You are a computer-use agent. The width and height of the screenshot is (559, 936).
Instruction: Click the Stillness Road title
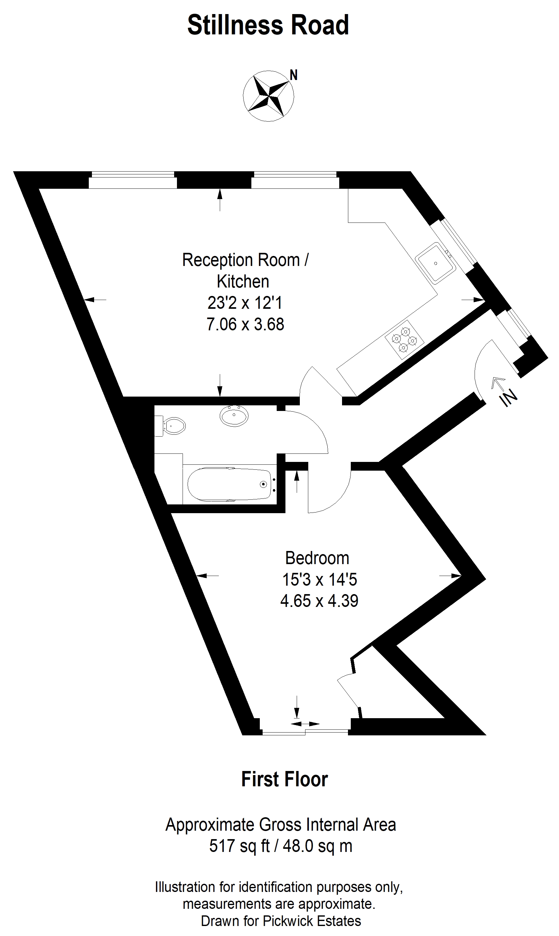pyautogui.click(x=268, y=25)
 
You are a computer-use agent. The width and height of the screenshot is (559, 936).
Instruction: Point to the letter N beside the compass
pyautogui.click(x=294, y=75)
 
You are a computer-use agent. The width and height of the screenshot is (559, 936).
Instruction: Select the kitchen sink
pyautogui.click(x=436, y=263)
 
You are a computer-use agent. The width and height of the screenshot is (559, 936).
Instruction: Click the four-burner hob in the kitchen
pyautogui.click(x=404, y=340)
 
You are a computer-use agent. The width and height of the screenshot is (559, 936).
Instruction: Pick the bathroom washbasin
pyautogui.click(x=234, y=416)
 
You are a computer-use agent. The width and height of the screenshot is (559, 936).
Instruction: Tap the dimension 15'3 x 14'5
pyautogui.click(x=320, y=579)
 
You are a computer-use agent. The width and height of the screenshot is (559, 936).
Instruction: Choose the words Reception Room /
pyautogui.click(x=245, y=260)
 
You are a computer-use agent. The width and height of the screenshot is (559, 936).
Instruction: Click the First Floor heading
pyautogui.click(x=285, y=779)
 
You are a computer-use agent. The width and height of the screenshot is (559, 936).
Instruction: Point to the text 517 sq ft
pyautogui.click(x=239, y=846)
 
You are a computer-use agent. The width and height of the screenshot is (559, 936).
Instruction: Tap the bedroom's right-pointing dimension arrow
pyautogui.click(x=451, y=576)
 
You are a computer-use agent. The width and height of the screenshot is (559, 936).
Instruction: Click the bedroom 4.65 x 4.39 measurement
pyautogui.click(x=319, y=601)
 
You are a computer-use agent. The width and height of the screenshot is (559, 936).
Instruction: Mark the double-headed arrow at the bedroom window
pyautogui.click(x=305, y=724)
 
